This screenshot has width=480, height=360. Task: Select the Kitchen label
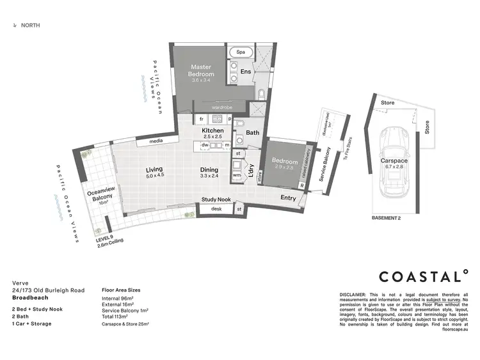213,130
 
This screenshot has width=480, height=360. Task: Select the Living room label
154,169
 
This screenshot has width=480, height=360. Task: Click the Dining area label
209,169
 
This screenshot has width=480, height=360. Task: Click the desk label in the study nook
216,208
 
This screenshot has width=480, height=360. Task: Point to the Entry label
289,198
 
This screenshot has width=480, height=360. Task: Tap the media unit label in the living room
155,141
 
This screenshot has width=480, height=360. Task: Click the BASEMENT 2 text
386,218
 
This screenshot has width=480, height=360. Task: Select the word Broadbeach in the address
31,298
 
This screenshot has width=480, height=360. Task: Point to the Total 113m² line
117,316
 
